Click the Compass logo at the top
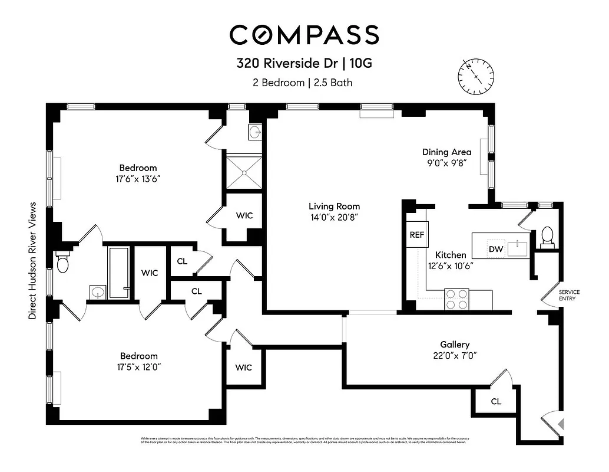tap(304, 35)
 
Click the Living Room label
tap(334, 206)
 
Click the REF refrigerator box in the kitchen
tap(417, 234)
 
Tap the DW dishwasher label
tap(496, 250)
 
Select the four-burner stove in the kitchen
tap(456, 299)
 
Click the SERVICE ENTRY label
tap(569, 296)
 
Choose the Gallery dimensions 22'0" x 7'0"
tap(455, 355)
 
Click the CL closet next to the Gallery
tap(496, 401)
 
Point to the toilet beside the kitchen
tap(547, 236)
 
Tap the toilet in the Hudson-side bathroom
tap(63, 261)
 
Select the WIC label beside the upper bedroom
tap(244, 215)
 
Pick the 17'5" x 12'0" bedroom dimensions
tap(138, 366)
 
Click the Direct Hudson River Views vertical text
tap(32, 261)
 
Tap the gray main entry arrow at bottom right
tap(561, 423)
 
